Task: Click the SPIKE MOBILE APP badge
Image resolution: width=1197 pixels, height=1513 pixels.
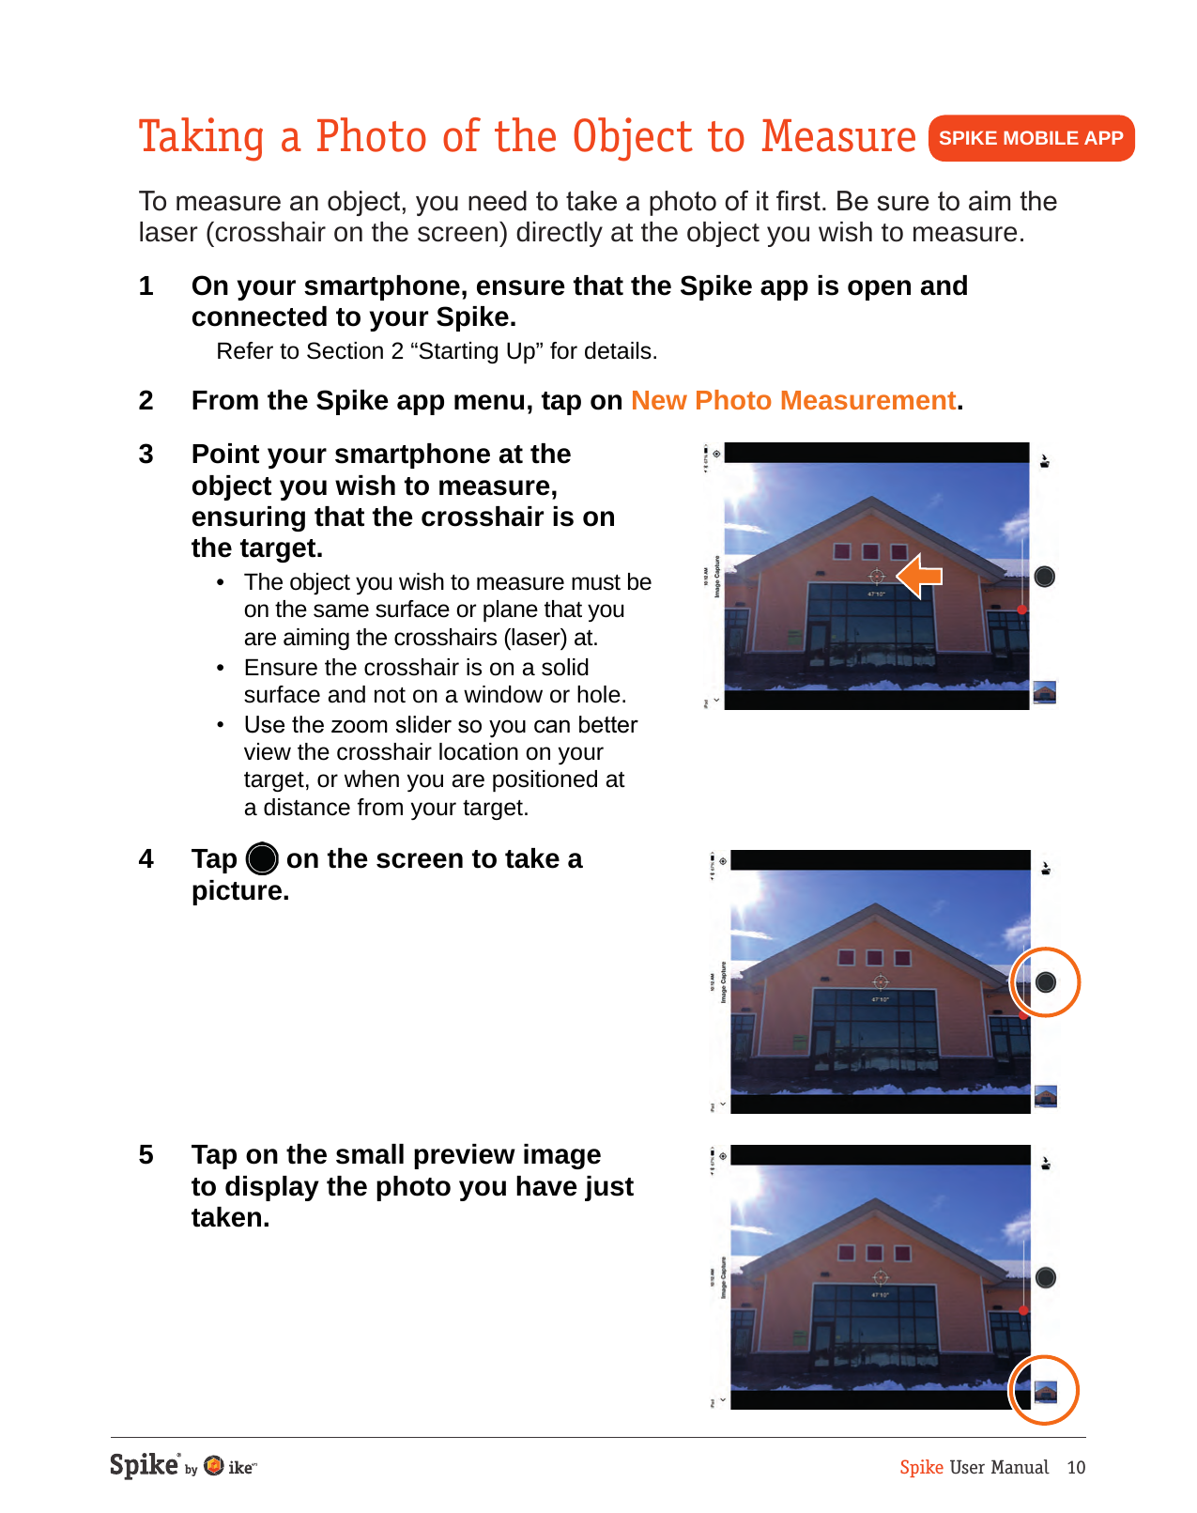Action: pyautogui.click(x=1030, y=138)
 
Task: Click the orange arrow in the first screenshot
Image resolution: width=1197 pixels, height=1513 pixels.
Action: pyautogui.click(x=919, y=576)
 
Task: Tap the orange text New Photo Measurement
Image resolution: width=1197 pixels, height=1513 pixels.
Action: pyautogui.click(x=792, y=401)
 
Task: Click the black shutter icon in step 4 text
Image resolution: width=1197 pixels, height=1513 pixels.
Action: pyautogui.click(x=262, y=858)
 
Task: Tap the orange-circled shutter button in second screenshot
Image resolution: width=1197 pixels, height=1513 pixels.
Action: pyautogui.click(x=1045, y=982)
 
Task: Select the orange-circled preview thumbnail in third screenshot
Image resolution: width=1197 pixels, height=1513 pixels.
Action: pyautogui.click(x=1045, y=1391)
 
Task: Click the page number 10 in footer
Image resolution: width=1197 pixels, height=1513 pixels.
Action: pyautogui.click(x=1076, y=1467)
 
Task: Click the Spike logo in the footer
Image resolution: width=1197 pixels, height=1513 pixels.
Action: pyautogui.click(x=144, y=1465)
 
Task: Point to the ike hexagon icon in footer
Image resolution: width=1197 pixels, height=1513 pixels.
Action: pyautogui.click(x=214, y=1466)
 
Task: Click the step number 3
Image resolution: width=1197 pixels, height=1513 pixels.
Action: pyautogui.click(x=146, y=455)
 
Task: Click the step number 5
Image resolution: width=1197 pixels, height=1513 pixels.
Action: pyautogui.click(x=146, y=1155)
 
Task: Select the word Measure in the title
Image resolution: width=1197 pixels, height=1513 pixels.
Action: pyautogui.click(x=837, y=137)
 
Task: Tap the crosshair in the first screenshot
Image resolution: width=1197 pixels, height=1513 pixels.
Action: pyautogui.click(x=876, y=577)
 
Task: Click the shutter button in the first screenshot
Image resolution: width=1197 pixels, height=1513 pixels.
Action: pyautogui.click(x=1044, y=577)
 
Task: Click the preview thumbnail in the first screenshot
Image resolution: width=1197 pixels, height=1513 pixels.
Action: pyautogui.click(x=1044, y=693)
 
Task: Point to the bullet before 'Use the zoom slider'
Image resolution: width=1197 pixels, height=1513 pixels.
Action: pyautogui.click(x=221, y=725)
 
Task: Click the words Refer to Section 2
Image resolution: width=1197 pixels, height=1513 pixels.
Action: pyautogui.click(x=300, y=351)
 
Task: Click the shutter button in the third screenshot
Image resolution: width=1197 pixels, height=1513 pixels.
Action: pyautogui.click(x=1045, y=1277)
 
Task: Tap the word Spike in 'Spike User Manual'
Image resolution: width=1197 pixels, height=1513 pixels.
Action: pyautogui.click(x=921, y=1467)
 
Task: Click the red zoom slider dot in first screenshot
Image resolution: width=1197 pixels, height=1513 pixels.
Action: pyautogui.click(x=1022, y=610)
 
